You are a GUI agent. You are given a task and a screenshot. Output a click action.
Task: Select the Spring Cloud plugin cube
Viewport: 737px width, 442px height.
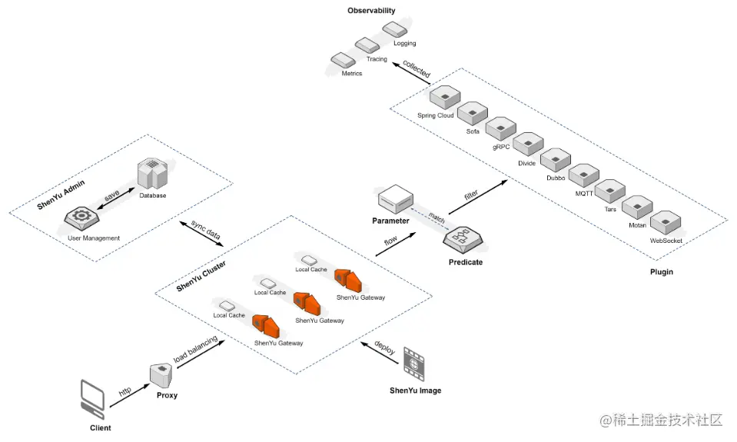[x=443, y=98]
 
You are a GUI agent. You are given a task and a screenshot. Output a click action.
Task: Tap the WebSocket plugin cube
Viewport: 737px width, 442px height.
[x=664, y=223]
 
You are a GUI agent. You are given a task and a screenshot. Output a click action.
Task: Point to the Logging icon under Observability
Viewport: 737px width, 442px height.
[x=397, y=30]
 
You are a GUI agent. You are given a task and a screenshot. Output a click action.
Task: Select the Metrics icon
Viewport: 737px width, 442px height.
[x=341, y=61]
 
